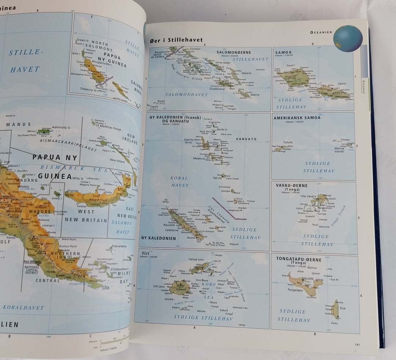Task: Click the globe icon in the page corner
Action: [x=348, y=38]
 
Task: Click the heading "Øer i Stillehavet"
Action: [x=174, y=40]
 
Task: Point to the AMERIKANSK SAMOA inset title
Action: [x=297, y=118]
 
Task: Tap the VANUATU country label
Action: [x=246, y=139]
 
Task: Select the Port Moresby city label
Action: [x=32, y=261]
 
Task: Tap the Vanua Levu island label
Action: [x=196, y=259]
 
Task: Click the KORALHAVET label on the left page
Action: [x=23, y=308]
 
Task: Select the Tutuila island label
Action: [x=287, y=142]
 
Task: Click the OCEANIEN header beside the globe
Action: [x=321, y=32]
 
